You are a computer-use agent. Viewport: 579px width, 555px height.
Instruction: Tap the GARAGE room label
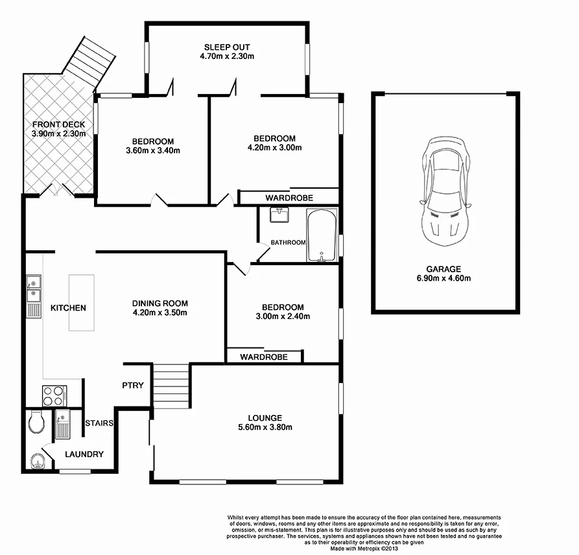coord(443,269)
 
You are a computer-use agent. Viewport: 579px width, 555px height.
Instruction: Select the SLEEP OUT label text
coord(226,47)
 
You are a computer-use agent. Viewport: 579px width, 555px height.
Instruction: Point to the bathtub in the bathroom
coord(321,236)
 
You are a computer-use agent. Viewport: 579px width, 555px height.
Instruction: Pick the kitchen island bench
coord(82,303)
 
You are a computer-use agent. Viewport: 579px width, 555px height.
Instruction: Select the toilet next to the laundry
coord(36,423)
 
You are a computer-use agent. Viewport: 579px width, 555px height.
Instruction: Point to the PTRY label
coord(133,386)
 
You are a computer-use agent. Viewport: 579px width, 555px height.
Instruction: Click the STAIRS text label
coord(99,423)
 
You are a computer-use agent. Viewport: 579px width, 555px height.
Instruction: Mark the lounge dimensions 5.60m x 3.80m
coord(264,427)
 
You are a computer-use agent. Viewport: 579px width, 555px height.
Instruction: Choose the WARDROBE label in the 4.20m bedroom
coord(289,197)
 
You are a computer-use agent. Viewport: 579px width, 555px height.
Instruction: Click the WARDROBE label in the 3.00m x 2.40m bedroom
coord(263,357)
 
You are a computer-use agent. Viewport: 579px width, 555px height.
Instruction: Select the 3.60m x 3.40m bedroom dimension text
coord(153,151)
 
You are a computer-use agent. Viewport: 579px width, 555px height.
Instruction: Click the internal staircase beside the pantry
coord(170,385)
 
